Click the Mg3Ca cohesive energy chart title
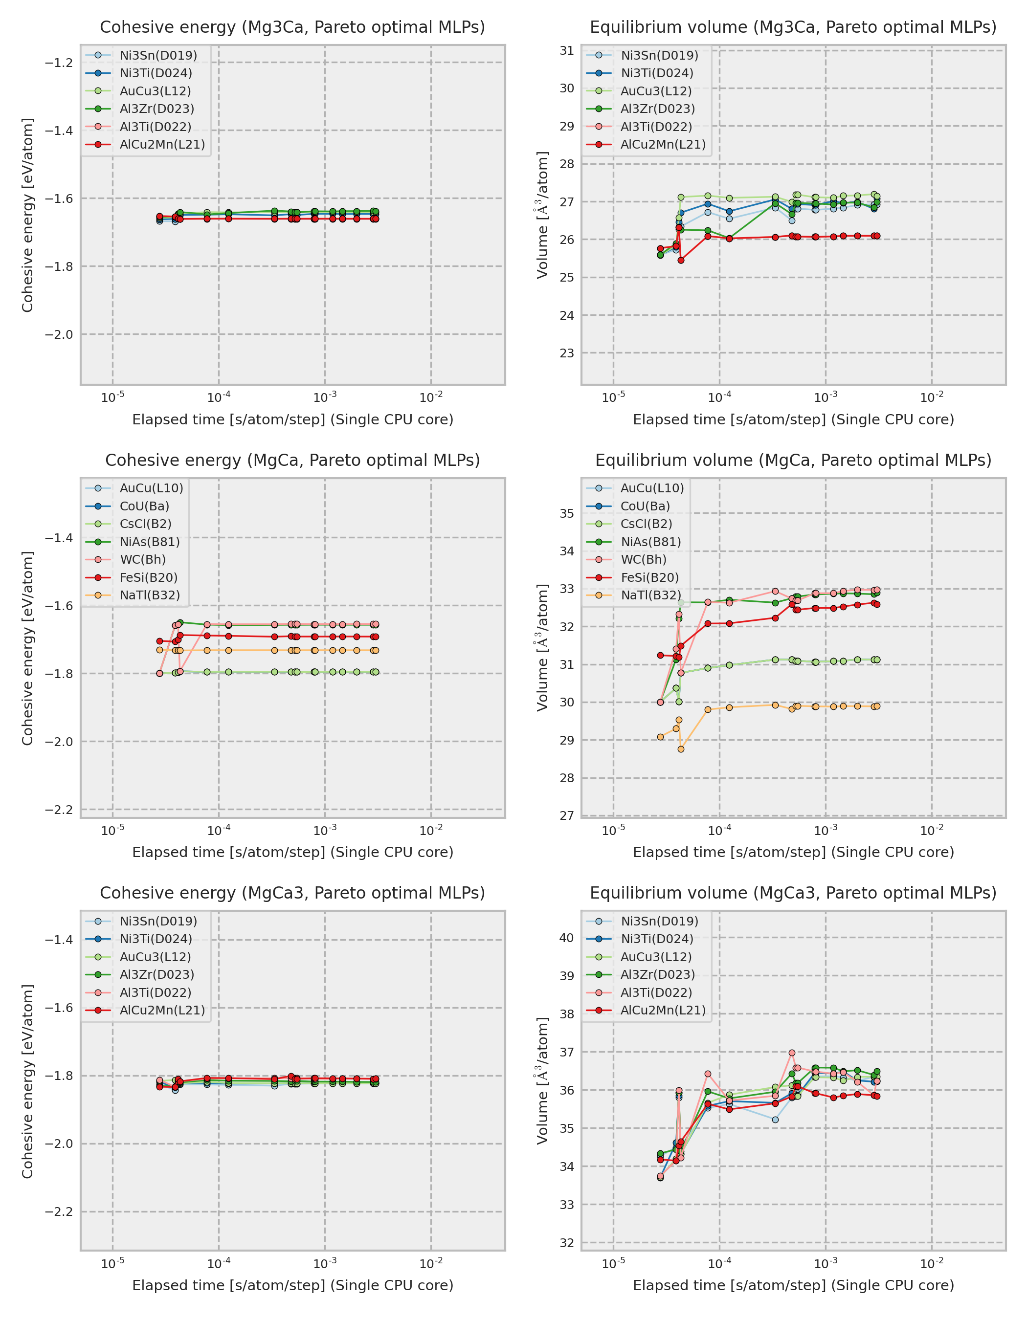tap(292, 27)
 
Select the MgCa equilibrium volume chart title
tap(793, 460)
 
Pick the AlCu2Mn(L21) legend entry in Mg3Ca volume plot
tap(663, 144)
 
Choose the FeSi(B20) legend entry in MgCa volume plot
tap(649, 577)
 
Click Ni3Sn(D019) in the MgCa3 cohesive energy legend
tap(158, 921)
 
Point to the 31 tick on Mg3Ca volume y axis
tap(566, 51)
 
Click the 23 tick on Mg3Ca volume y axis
tap(566, 353)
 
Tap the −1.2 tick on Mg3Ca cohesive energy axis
tap(59, 63)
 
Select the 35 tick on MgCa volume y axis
tap(566, 513)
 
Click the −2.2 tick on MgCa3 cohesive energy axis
tap(59, 1212)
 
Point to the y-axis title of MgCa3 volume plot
tap(542, 1080)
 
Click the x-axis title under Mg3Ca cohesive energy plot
tap(292, 419)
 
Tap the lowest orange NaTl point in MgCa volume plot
tap(681, 749)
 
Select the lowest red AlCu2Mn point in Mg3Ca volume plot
tap(681, 261)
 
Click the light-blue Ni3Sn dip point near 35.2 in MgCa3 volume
tap(775, 1120)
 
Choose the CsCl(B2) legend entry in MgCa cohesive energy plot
tap(145, 524)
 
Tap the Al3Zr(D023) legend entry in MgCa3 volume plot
tap(657, 974)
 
